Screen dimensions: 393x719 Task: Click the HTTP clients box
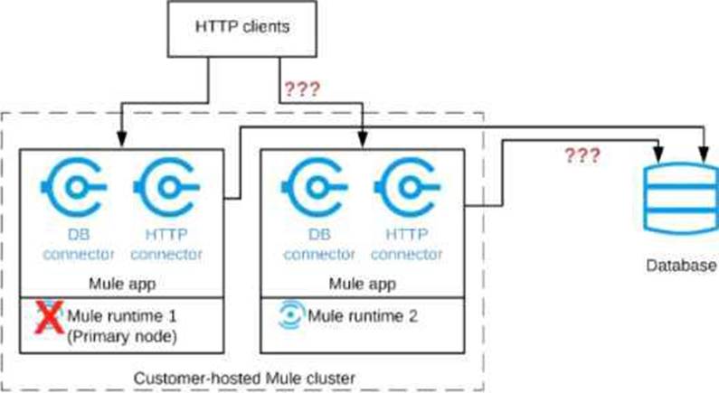pos(243,26)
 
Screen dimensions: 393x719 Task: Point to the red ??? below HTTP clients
pos(302,89)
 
